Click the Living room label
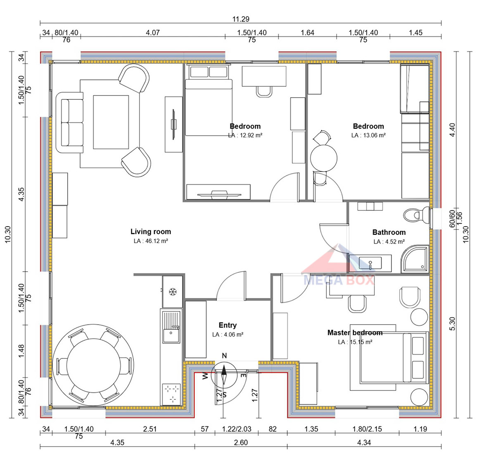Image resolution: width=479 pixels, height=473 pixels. [151, 232]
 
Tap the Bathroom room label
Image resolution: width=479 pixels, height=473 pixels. [389, 232]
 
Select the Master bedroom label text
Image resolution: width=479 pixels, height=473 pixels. [355, 332]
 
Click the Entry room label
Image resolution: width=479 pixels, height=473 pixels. [228, 325]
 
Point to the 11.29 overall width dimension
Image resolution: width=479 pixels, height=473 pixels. [241, 19]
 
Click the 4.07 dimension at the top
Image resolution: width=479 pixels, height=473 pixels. [152, 32]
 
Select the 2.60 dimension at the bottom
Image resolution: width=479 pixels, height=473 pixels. [241, 442]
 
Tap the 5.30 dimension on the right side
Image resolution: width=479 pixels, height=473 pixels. [453, 324]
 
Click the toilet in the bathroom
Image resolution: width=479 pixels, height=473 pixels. [417, 215]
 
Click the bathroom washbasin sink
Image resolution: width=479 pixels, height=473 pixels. [370, 263]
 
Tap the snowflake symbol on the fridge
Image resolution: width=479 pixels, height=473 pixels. [173, 291]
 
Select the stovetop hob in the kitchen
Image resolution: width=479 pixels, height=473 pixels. [171, 394]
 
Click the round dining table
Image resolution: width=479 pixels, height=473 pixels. [93, 365]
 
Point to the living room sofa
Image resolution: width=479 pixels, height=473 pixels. [69, 122]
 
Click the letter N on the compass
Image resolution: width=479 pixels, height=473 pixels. [225, 356]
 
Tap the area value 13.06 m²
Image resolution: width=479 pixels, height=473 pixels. [368, 135]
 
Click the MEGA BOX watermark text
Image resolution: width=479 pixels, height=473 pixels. [339, 280]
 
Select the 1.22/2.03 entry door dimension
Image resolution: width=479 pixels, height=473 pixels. [237, 429]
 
